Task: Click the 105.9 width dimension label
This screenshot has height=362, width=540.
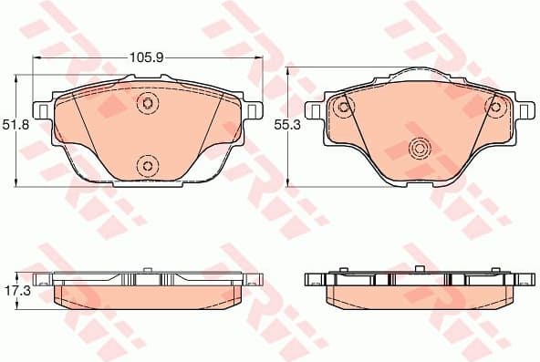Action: pos(146,57)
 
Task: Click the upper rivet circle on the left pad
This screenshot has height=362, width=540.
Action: pos(147,104)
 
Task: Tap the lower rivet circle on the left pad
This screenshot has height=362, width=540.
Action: pos(147,165)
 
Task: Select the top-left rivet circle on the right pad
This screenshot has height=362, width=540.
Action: pos(344,108)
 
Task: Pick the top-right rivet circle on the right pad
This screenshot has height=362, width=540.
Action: pos(495,108)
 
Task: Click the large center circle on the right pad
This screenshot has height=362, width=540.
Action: pos(420,148)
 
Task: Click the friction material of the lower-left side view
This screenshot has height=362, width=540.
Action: pos(146,296)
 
